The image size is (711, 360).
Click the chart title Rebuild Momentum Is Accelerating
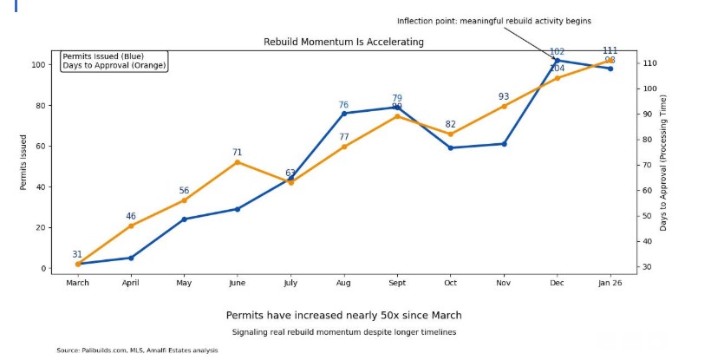[x=344, y=42]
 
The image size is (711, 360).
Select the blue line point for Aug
[x=344, y=114]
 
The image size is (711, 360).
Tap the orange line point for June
[x=238, y=162]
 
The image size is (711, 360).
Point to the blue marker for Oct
[x=450, y=147]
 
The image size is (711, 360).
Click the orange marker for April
[x=131, y=226]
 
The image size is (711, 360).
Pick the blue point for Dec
[x=557, y=61]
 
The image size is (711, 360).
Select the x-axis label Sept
[x=397, y=283]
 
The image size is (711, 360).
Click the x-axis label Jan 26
[x=610, y=283]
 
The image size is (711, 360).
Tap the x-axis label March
[x=78, y=283]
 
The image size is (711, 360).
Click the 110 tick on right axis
[x=649, y=64]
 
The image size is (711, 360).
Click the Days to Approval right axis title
[x=663, y=162]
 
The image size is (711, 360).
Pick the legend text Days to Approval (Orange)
[x=114, y=65]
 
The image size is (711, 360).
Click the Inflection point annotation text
[x=494, y=21]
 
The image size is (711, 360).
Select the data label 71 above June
[x=238, y=153]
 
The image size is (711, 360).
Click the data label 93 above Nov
[x=504, y=96]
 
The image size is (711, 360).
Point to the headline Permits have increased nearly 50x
[x=344, y=315]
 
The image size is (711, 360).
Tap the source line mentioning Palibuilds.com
[x=137, y=350]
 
